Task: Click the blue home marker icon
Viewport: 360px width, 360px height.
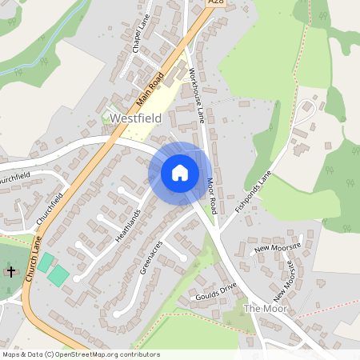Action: [x=180, y=173]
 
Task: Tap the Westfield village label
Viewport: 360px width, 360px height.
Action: [x=136, y=118]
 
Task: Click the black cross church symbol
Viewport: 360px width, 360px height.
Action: [x=10, y=272]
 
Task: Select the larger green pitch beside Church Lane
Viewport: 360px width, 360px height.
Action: [x=58, y=276]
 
